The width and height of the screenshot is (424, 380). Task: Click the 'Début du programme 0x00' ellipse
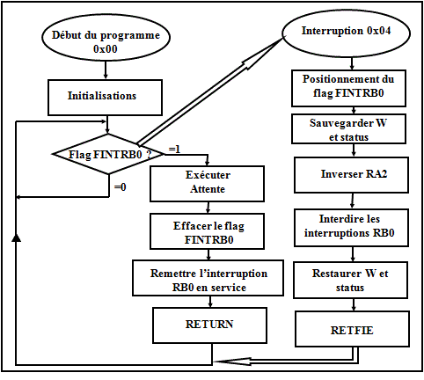106,38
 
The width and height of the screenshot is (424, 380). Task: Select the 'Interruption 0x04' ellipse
346,33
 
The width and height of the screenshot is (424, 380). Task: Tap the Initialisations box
105,98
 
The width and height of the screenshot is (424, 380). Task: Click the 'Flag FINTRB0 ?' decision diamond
108,154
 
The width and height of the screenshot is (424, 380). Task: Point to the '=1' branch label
174,150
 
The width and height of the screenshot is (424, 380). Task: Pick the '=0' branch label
121,186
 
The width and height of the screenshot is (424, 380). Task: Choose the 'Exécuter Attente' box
207,184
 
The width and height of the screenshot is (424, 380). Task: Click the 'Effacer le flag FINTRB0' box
207,231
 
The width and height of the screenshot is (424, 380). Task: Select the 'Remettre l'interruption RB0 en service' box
208,278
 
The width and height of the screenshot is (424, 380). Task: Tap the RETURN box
209,325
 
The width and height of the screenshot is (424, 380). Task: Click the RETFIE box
352,329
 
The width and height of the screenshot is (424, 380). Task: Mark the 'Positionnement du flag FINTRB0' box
348,88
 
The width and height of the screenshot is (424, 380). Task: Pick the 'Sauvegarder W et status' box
348,129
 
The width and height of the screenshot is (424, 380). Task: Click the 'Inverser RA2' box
351,175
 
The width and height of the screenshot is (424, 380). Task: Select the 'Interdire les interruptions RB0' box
351,228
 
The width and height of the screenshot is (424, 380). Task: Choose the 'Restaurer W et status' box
350,281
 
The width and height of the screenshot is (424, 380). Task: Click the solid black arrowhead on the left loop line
16,237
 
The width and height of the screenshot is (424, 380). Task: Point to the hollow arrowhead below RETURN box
233,362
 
